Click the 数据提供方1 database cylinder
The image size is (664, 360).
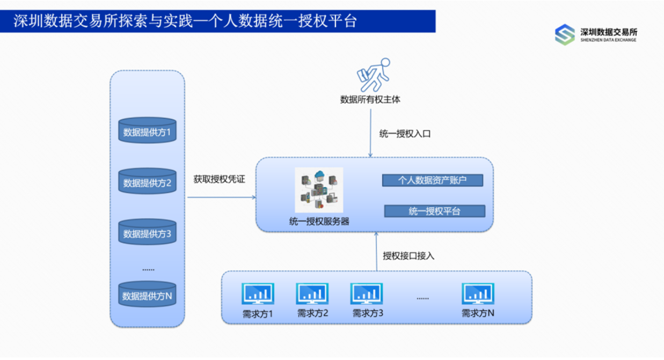147,130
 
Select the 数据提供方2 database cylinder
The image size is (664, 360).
147,181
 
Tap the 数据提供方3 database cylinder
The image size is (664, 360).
147,232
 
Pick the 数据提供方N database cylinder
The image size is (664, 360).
147,294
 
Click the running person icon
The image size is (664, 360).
374,75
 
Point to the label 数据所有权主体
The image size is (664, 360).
370,100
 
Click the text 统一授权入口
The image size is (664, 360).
405,134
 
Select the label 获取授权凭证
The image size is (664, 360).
220,179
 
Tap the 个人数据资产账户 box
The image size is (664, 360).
433,180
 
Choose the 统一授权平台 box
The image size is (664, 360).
435,211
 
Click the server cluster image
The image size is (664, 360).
319,190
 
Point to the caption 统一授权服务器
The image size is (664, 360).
319,222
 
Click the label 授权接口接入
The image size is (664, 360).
408,256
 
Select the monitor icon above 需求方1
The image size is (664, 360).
258,293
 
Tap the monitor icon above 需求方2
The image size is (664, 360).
312,293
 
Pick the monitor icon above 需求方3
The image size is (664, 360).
367,293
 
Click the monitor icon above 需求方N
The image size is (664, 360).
478,293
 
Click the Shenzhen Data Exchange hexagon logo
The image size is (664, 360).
565,35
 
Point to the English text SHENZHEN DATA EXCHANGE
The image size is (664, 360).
608,40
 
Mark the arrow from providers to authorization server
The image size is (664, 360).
222,197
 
